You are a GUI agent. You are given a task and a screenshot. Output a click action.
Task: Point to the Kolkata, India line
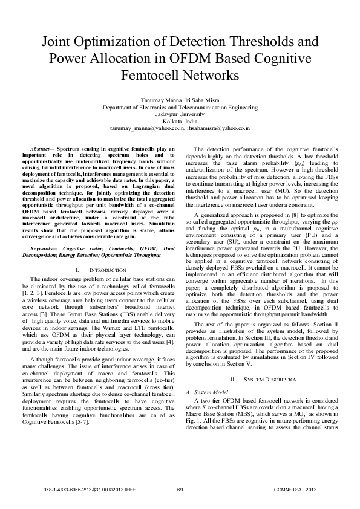180,121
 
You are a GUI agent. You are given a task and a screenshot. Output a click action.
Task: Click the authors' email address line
180,128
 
